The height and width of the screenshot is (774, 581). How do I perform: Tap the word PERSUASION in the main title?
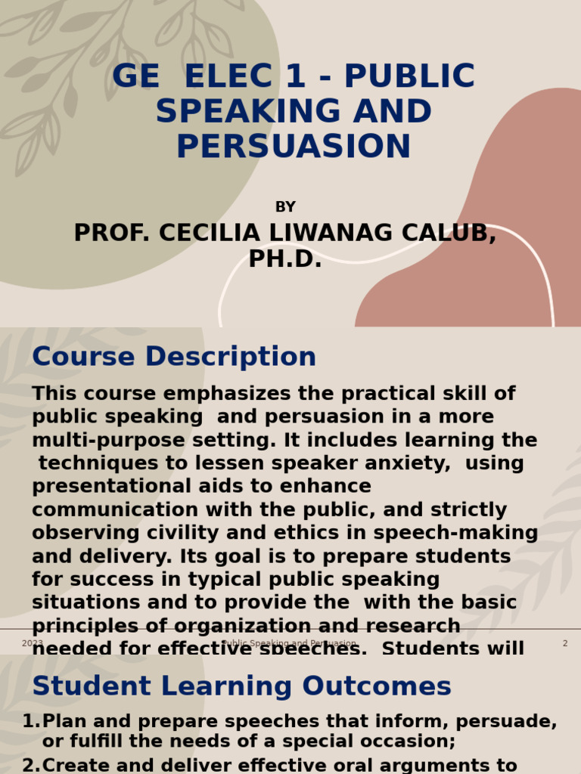point(294,147)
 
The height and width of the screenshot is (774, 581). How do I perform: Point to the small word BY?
point(285,207)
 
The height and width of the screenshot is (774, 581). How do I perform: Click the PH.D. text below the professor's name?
point(285,260)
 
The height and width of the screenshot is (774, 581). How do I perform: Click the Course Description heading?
point(174,357)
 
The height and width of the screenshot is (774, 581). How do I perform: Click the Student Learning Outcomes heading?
point(241,686)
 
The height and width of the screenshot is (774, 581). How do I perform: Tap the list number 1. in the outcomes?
point(30,722)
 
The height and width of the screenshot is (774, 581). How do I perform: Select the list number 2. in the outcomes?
point(30,766)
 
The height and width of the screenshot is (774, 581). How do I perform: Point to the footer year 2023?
point(33,644)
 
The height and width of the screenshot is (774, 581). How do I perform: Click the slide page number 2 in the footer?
point(564,644)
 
